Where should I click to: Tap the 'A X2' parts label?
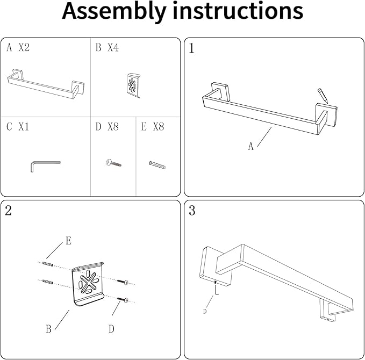[18, 48]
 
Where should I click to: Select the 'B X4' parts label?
[107, 48]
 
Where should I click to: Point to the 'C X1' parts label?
[18, 127]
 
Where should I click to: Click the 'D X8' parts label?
[107, 127]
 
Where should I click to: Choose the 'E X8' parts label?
[152, 127]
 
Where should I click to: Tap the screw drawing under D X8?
[113, 162]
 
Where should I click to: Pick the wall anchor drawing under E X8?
[157, 163]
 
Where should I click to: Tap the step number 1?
[192, 49]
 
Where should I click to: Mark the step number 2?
[8, 211]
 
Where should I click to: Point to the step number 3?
[192, 211]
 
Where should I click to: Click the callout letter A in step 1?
[251, 146]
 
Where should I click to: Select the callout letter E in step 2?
[68, 241]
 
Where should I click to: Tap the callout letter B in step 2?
[48, 329]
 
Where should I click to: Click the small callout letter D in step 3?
[205, 311]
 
